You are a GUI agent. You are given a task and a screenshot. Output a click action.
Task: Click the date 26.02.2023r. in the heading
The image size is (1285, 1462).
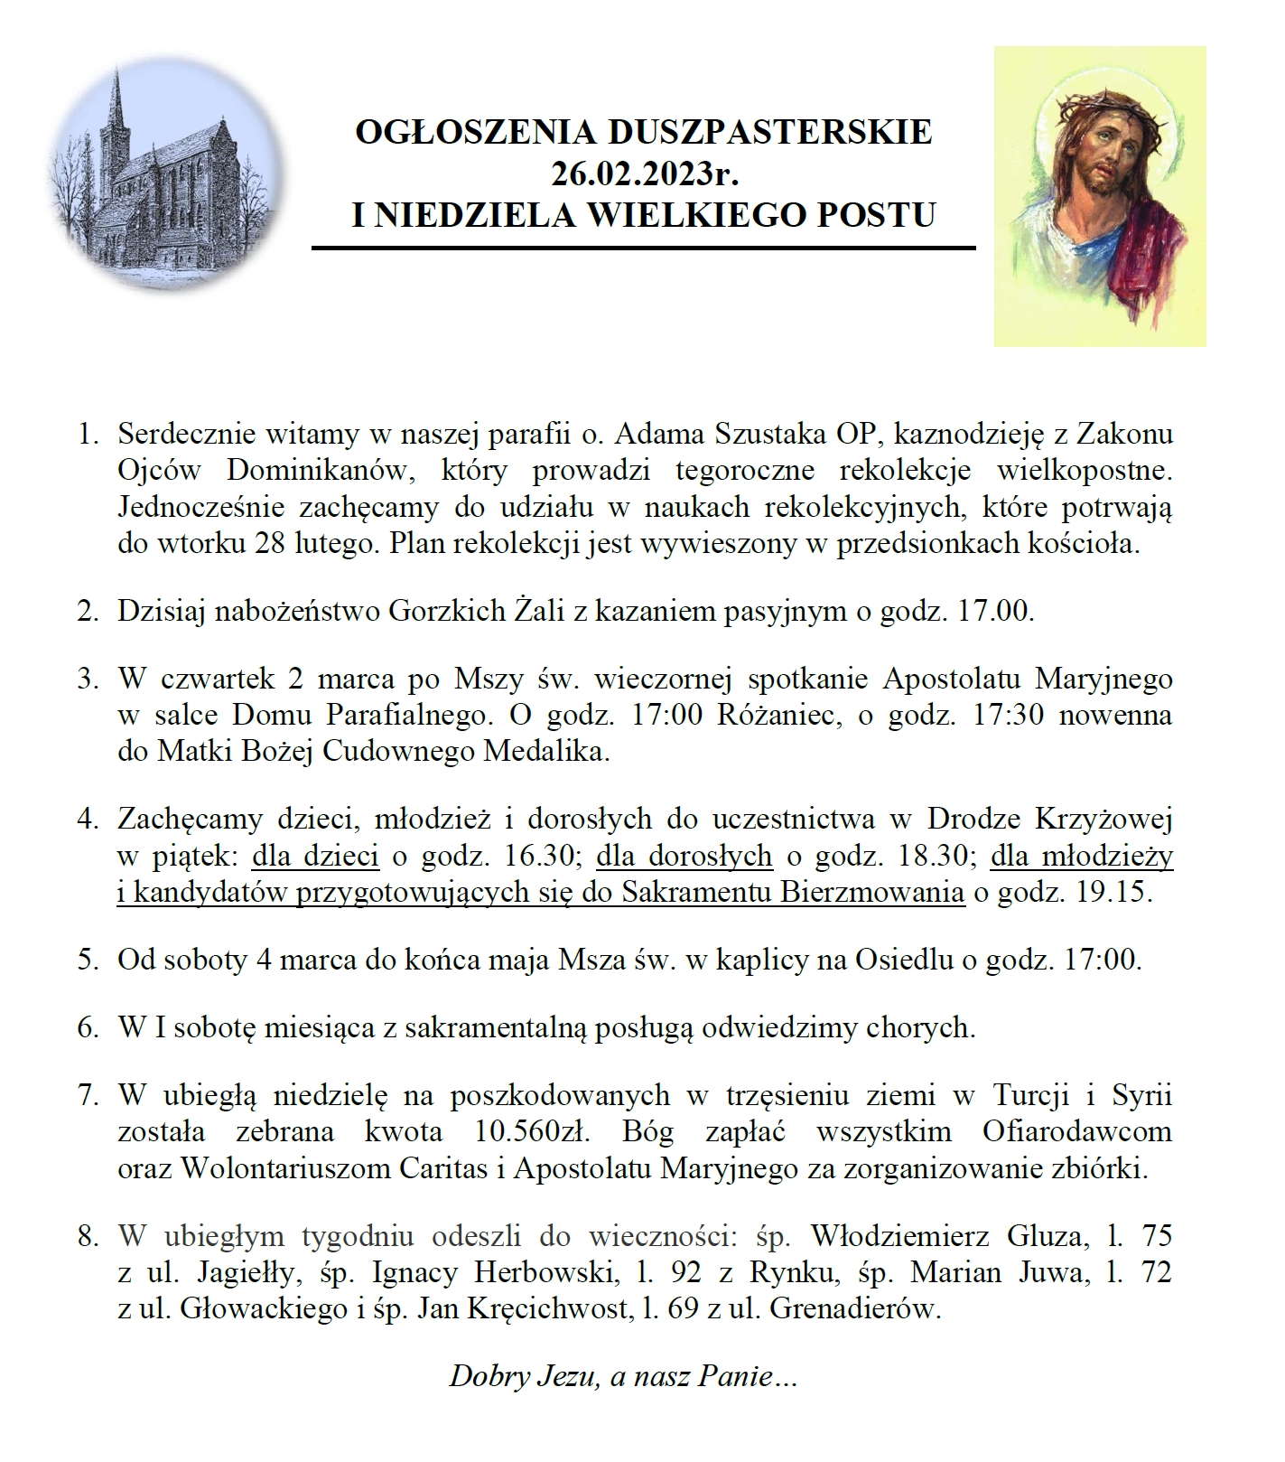(643, 173)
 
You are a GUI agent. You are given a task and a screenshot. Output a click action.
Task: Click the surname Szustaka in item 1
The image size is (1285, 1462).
(767, 434)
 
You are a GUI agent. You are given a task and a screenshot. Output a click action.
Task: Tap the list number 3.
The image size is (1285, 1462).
(87, 678)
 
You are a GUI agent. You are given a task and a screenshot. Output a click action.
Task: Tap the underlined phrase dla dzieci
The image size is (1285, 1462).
(316, 855)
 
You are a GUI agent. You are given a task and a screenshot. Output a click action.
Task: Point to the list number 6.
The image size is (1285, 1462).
(87, 1027)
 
